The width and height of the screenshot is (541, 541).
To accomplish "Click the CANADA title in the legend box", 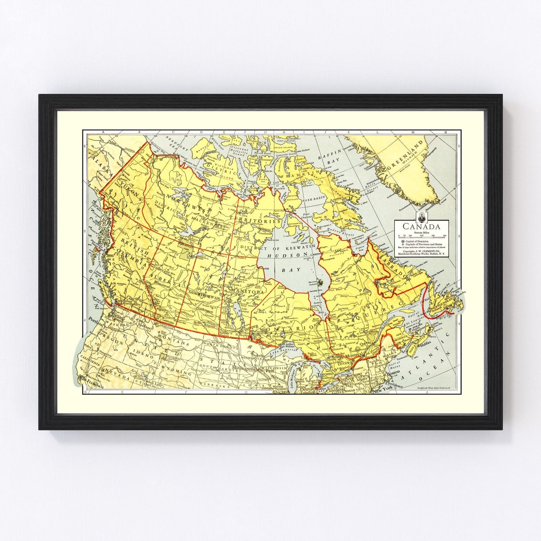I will click(x=421, y=227).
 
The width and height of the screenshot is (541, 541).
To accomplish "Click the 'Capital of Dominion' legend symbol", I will click(x=399, y=241).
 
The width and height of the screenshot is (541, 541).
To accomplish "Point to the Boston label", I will click(x=393, y=374).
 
